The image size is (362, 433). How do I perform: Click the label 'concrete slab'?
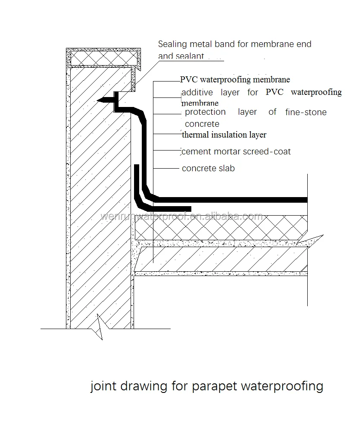coord(208,168)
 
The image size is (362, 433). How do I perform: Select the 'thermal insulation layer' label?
coord(224,135)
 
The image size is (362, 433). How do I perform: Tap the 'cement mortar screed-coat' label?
coord(236,151)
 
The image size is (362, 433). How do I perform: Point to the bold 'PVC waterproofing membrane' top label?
coord(235,79)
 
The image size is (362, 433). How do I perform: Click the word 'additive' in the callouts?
coord(198,92)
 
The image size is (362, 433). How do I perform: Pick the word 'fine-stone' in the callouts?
coord(306,112)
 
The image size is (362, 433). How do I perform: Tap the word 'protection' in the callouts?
coord(205,112)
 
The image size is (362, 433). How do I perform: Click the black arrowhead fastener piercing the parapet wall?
coord(103,100)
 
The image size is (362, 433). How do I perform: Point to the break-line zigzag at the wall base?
coord(100,327)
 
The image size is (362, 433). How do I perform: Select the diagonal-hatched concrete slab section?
coord(224,259)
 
